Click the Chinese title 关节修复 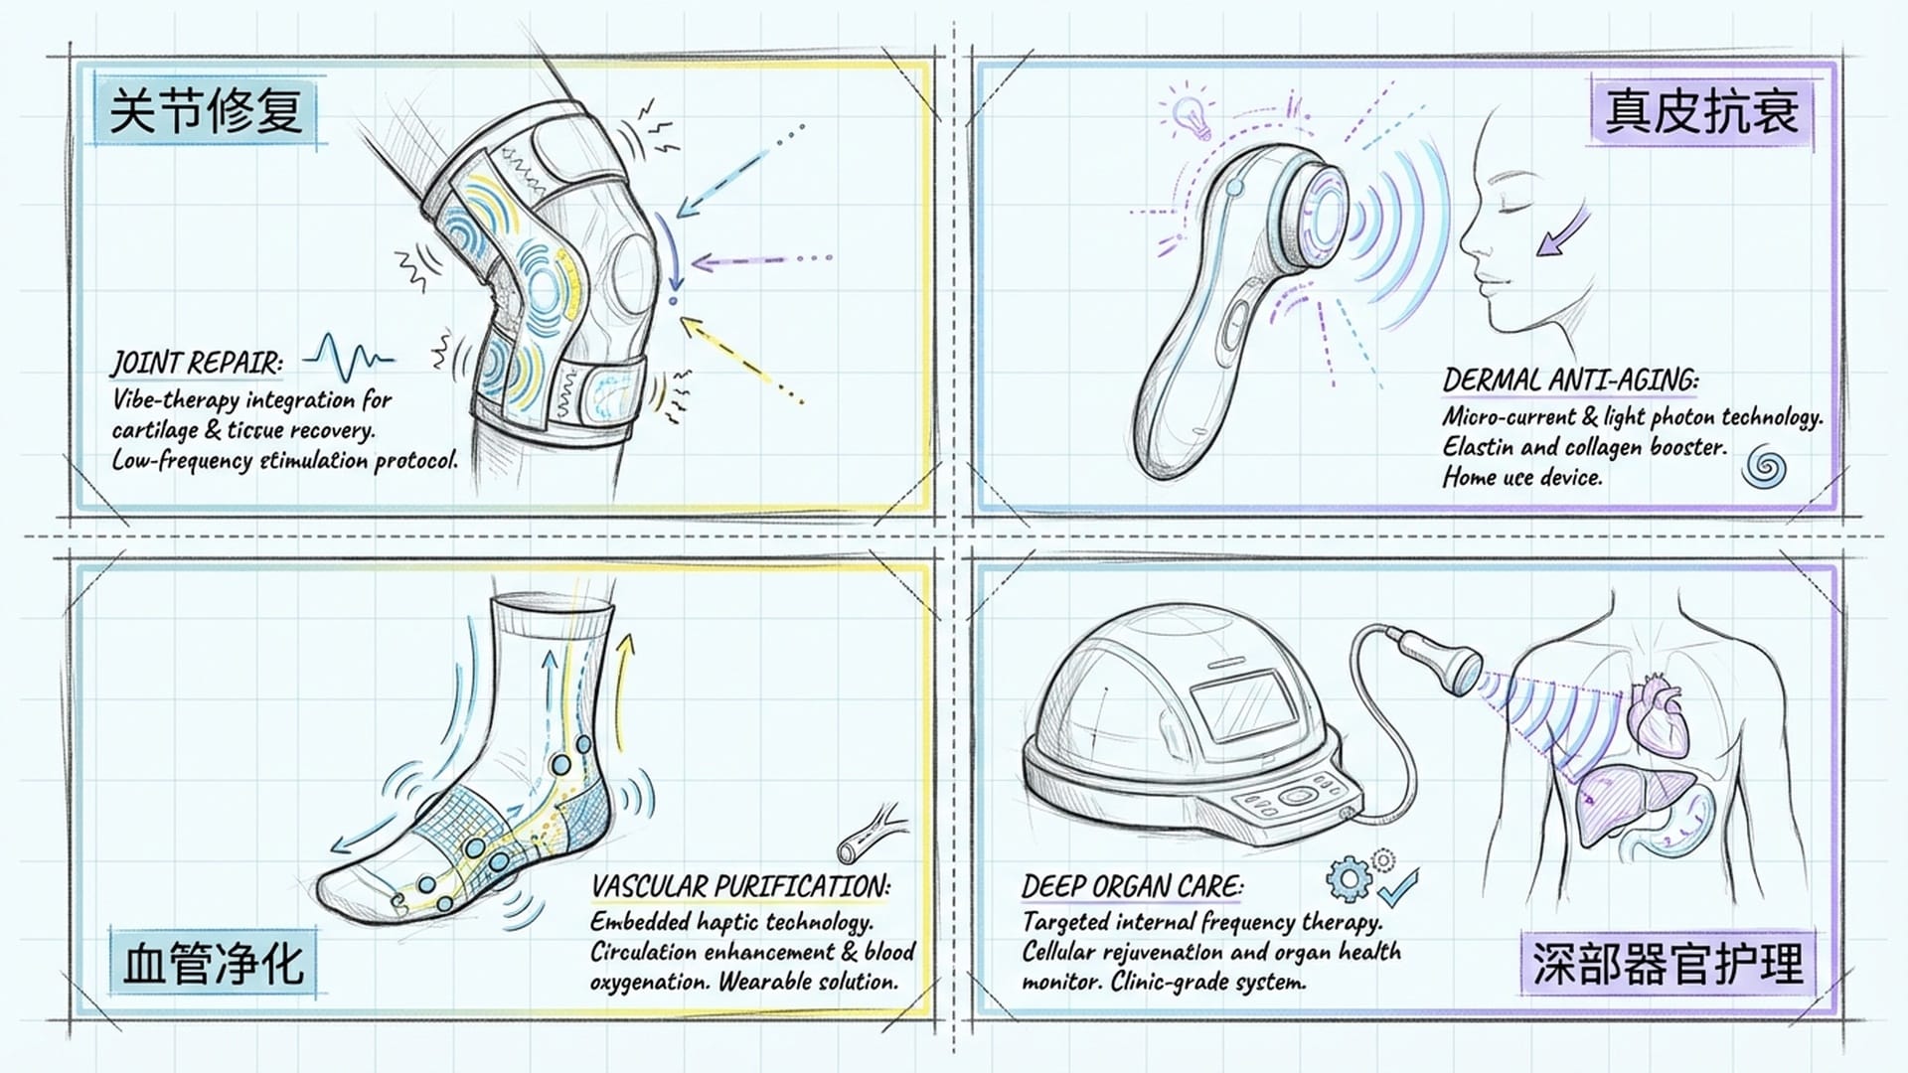pyautogui.click(x=206, y=110)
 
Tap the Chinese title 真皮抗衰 pyautogui.click(x=1701, y=110)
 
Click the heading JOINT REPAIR pyautogui.click(x=197, y=364)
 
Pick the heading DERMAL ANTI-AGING pyautogui.click(x=1570, y=381)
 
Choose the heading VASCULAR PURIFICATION pyautogui.click(x=740, y=886)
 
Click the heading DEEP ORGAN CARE pyautogui.click(x=1132, y=886)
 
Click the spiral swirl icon pyautogui.click(x=1764, y=467)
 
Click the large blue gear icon pyautogui.click(x=1349, y=878)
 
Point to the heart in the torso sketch pyautogui.click(x=1660, y=715)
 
